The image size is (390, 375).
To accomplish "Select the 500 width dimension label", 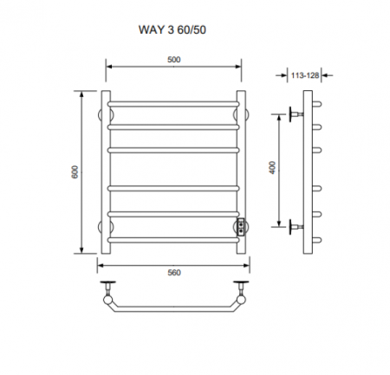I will (174, 59).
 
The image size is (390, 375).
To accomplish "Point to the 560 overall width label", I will (174, 271).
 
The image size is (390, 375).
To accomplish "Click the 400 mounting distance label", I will (272, 170).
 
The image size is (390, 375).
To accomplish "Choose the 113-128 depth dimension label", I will (302, 75).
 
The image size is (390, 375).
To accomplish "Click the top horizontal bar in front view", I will (173, 104).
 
